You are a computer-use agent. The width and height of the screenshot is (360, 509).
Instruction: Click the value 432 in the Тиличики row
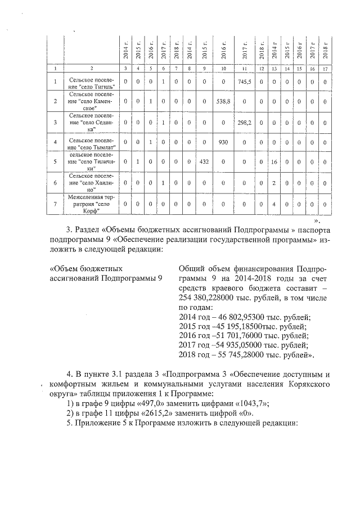click(205, 161)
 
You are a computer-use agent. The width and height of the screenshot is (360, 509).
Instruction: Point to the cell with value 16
click(274, 161)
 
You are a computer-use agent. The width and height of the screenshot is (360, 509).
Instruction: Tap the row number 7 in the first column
click(55, 203)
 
